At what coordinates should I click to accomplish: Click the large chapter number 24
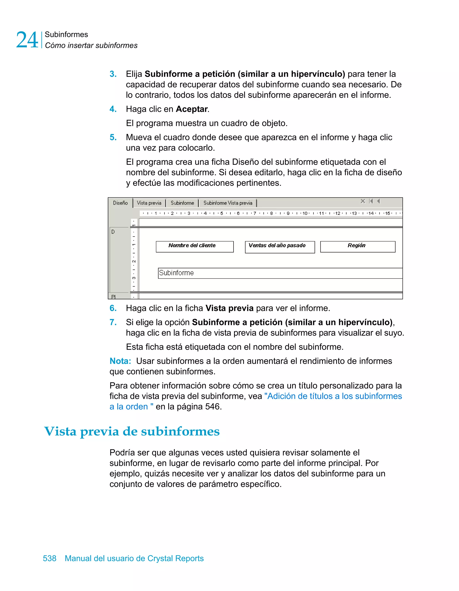click(27, 40)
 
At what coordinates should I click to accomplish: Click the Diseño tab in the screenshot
click(120, 203)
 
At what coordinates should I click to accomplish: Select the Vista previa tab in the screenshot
click(149, 203)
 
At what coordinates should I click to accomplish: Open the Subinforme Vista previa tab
click(228, 203)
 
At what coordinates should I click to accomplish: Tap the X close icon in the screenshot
click(363, 201)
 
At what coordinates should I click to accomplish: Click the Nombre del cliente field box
click(195, 247)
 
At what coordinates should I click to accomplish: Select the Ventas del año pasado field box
click(280, 247)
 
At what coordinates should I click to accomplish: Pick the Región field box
click(358, 247)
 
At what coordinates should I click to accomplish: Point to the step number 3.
click(113, 74)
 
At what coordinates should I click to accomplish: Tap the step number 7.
click(113, 322)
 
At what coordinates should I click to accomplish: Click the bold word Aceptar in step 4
click(192, 109)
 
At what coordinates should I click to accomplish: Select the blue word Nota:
click(120, 361)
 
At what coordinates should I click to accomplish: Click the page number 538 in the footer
click(50, 558)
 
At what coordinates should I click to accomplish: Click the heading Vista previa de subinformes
click(132, 431)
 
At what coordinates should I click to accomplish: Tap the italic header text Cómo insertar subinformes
click(91, 46)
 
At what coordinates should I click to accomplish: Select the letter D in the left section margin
click(113, 232)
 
